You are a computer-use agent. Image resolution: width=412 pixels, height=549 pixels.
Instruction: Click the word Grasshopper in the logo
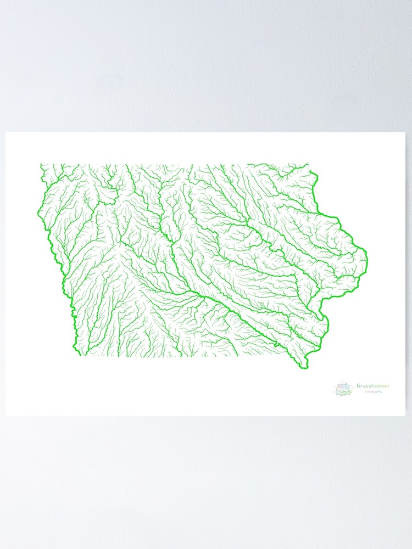373,386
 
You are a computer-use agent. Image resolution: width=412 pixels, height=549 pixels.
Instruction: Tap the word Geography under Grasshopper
373,392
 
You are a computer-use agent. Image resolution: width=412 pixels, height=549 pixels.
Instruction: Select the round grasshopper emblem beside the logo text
343,389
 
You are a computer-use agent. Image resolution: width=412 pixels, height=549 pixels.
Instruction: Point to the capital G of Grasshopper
359,386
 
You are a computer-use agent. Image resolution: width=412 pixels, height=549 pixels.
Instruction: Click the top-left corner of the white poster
6,133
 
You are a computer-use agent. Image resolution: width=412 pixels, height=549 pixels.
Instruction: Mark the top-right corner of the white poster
405,133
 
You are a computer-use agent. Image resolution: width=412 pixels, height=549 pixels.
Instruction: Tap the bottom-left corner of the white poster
6,415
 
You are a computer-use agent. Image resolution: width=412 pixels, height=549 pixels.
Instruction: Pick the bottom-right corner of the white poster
405,415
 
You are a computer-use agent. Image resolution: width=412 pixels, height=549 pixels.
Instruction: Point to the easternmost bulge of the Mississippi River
366,258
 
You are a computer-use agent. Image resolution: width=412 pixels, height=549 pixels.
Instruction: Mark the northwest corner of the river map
41,164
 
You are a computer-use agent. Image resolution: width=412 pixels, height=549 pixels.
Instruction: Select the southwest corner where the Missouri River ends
76,355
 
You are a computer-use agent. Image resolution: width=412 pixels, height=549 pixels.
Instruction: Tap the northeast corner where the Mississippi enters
309,164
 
